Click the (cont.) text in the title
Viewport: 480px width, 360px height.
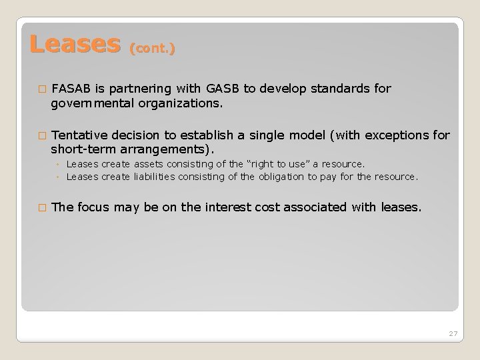point(153,49)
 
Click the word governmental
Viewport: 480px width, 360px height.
point(93,103)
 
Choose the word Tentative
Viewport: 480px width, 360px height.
point(78,135)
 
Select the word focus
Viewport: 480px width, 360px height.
point(94,207)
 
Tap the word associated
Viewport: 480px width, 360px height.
point(315,207)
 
